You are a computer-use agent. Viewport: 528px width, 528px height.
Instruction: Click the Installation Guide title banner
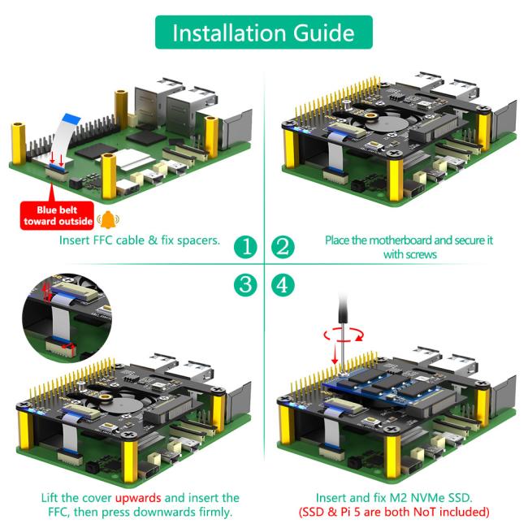tap(263, 32)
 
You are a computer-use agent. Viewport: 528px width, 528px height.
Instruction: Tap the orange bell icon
tap(106, 219)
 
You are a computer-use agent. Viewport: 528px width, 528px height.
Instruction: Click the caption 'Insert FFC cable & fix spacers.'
tap(140, 240)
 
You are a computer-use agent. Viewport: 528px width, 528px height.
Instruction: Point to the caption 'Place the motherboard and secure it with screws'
tap(409, 247)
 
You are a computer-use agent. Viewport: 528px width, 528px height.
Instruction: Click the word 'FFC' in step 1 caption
tap(109, 240)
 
